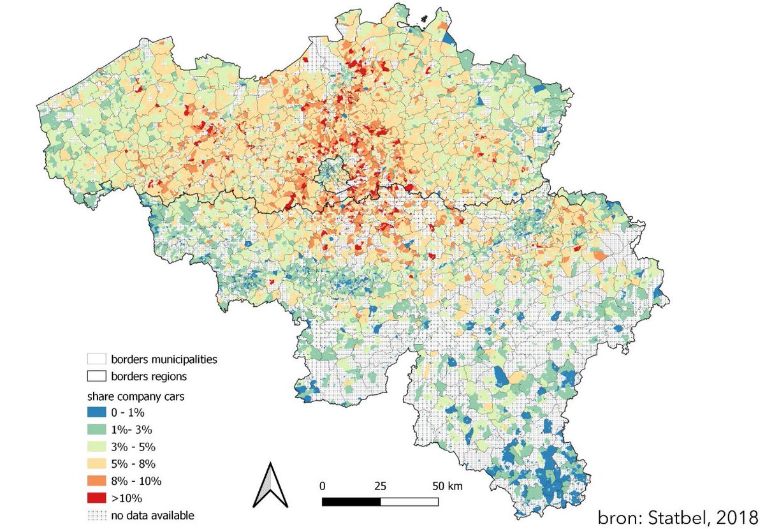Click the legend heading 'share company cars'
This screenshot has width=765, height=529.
click(x=136, y=396)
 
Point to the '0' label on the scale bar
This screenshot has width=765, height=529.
click(x=323, y=486)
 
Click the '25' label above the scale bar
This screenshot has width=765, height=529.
click(x=380, y=486)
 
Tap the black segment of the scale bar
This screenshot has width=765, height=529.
click(x=351, y=502)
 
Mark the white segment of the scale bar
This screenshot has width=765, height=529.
click(x=409, y=502)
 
